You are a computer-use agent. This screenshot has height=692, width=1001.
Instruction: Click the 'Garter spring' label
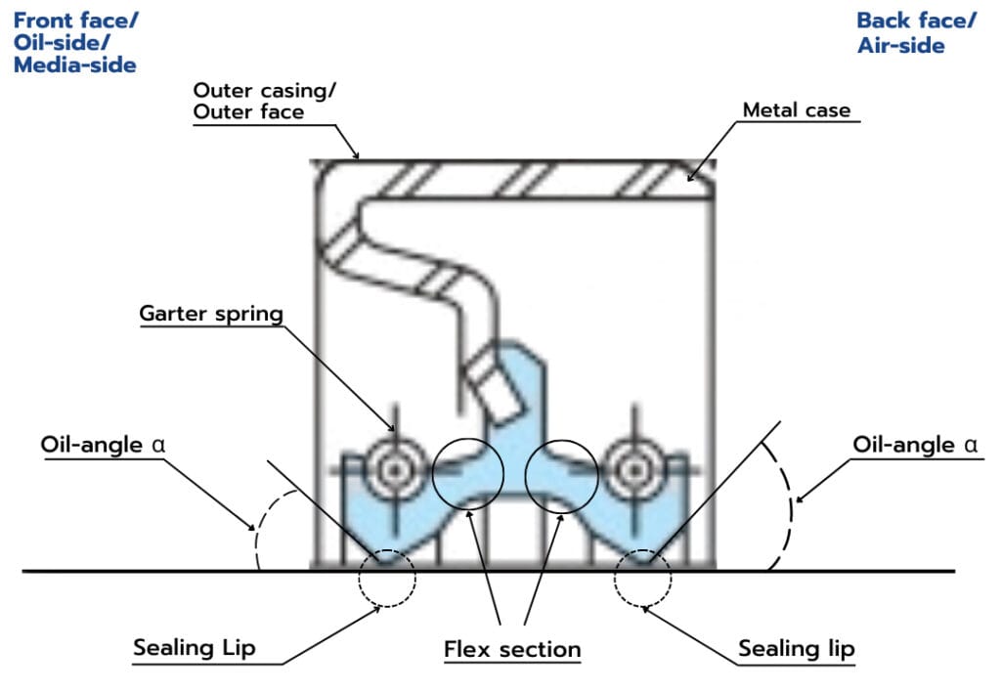coord(210,314)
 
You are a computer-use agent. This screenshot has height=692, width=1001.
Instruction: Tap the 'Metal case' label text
coord(797,109)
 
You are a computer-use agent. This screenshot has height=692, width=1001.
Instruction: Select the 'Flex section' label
coord(512,649)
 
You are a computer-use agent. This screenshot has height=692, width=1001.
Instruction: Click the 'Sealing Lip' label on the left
coord(194,648)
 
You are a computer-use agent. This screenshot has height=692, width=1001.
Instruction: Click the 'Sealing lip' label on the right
coord(796,649)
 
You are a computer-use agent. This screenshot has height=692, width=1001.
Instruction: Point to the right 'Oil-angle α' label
coord(915,445)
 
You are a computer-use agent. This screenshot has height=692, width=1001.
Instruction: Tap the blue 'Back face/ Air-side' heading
coord(915,32)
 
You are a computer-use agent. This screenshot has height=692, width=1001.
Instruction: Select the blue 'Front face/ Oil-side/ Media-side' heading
coord(74,43)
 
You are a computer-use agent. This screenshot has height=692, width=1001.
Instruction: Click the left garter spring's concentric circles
coord(395,470)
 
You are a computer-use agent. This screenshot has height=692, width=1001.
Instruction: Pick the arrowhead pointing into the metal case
coord(690,178)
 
